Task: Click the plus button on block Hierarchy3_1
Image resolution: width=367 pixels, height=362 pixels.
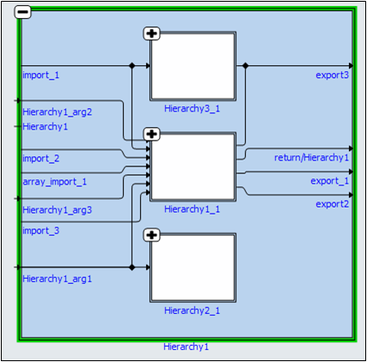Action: [152, 33]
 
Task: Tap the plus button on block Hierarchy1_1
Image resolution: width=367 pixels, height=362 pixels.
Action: [152, 134]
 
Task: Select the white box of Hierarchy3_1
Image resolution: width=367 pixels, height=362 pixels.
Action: [193, 67]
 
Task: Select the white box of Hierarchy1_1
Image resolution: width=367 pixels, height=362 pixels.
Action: [193, 167]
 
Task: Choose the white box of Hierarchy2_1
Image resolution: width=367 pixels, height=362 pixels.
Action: [193, 268]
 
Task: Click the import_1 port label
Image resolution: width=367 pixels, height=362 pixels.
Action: [41, 75]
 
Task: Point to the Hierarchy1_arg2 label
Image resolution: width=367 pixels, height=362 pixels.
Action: [57, 112]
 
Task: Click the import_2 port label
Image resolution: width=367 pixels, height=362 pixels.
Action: [41, 158]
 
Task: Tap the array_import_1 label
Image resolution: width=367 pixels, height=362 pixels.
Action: [54, 182]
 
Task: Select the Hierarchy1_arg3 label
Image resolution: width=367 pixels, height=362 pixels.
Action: [57, 209]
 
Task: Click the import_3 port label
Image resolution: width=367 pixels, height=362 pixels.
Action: [41, 230]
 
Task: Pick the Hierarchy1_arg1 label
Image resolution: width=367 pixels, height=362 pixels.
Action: [57, 278]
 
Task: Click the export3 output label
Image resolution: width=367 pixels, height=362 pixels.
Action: [332, 75]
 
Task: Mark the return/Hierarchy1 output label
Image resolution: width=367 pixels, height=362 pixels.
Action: [311, 158]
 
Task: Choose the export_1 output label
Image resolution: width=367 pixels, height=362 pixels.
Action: [330, 181]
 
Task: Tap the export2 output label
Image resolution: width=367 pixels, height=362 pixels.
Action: [332, 204]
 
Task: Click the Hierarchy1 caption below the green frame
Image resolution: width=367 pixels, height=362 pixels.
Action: [186, 347]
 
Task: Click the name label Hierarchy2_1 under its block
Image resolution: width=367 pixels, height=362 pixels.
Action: [193, 310]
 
